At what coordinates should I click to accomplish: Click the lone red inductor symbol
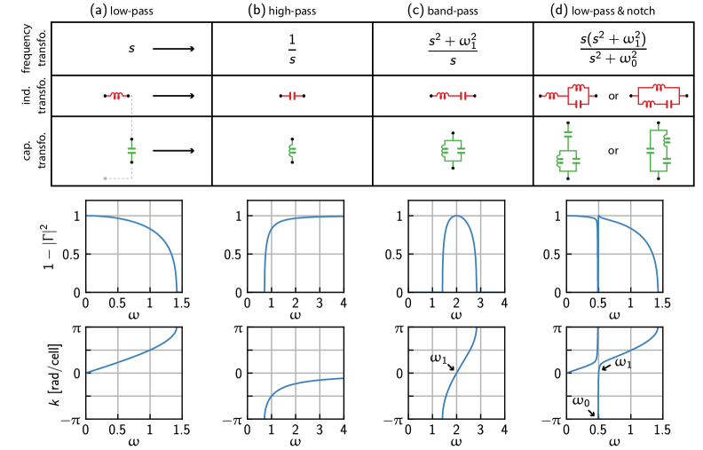click(x=116, y=96)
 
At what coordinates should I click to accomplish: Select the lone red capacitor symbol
click(x=292, y=96)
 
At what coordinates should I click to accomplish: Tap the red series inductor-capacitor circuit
click(x=453, y=96)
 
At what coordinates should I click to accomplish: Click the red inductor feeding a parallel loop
click(x=551, y=96)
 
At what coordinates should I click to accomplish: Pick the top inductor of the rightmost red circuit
click(x=658, y=87)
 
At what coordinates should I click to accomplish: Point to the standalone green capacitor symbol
click(x=131, y=151)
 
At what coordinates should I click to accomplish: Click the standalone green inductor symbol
click(x=292, y=151)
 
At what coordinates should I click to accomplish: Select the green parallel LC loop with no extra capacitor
click(x=453, y=151)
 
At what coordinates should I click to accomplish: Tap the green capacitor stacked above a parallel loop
click(x=568, y=134)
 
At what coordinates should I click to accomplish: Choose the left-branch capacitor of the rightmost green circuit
click(x=651, y=152)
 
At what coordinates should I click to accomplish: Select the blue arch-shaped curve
click(x=457, y=216)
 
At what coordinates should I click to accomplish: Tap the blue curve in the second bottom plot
click(x=302, y=383)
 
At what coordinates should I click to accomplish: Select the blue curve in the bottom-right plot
click(x=630, y=350)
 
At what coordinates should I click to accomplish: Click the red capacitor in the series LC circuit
click(x=463, y=96)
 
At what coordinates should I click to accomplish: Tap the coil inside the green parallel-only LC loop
click(x=445, y=151)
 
